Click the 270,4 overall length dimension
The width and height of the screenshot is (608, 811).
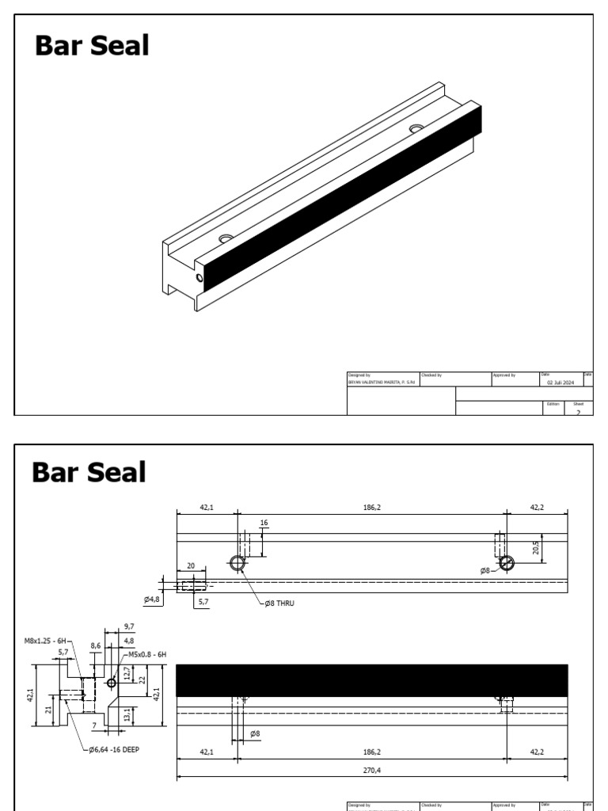(372, 769)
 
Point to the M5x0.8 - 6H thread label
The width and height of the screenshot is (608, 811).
(147, 654)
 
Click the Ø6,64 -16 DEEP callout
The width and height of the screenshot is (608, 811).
(114, 749)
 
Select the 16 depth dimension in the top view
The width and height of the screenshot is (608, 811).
(264, 524)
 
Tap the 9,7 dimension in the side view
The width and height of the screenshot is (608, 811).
(130, 626)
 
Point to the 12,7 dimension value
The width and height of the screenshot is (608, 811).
(127, 674)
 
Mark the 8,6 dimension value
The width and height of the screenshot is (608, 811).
(96, 646)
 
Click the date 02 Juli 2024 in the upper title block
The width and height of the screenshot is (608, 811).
(560, 381)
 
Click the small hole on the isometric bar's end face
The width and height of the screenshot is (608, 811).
(199, 277)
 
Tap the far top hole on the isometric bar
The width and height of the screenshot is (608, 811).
(416, 128)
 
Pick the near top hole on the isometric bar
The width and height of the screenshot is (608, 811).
(226, 238)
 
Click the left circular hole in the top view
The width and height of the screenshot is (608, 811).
(237, 563)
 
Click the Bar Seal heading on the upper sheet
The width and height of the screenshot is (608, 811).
(92, 46)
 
